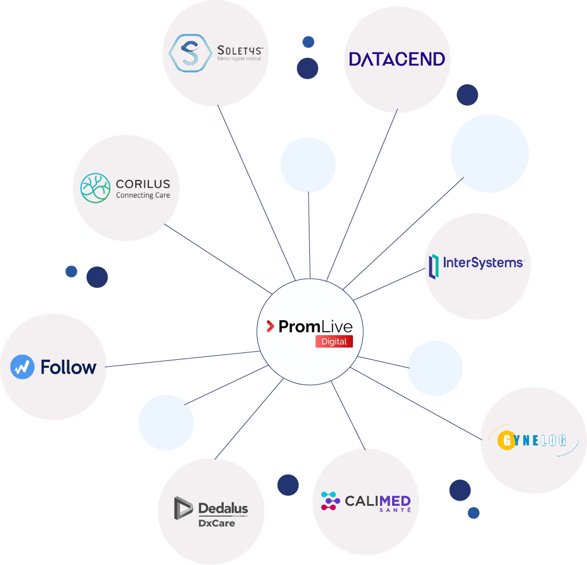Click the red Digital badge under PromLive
334,341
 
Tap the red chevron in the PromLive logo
270,327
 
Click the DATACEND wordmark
397,59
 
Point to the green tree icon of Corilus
95,188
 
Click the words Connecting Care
143,195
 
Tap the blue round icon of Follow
22,367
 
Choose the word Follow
68,367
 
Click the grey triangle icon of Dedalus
183,508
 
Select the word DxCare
216,523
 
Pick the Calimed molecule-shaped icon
330,501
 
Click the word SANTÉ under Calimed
395,510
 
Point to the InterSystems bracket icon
433,267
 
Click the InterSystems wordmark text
483,263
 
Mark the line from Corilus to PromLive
218,258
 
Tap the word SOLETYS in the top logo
240,50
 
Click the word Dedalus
223,508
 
